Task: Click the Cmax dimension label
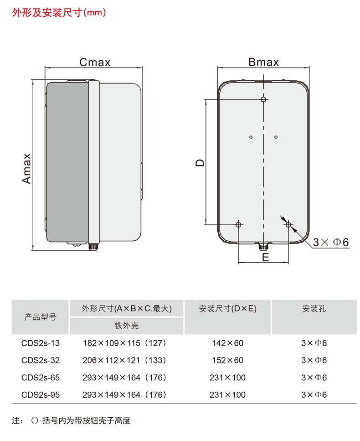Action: (x=95, y=62)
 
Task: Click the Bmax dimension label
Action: (x=263, y=62)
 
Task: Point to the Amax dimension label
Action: (x=27, y=168)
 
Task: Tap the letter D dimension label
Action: (x=200, y=163)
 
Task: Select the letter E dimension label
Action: (x=265, y=257)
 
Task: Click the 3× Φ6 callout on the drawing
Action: (x=331, y=242)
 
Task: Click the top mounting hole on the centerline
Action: (x=263, y=99)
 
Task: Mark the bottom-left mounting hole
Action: (x=238, y=224)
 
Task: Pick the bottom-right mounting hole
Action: (x=288, y=224)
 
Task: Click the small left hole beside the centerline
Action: (x=251, y=137)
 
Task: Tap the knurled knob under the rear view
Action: (x=263, y=247)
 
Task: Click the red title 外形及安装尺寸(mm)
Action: (x=59, y=13)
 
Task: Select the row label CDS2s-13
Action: (x=41, y=343)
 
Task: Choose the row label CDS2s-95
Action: (x=41, y=395)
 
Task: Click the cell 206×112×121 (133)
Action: (x=124, y=360)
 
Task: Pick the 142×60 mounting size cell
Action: (x=228, y=343)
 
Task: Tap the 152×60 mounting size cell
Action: (x=228, y=360)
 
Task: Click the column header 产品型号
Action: (x=41, y=317)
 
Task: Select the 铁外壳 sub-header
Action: (x=127, y=326)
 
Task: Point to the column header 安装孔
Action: (x=314, y=309)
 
